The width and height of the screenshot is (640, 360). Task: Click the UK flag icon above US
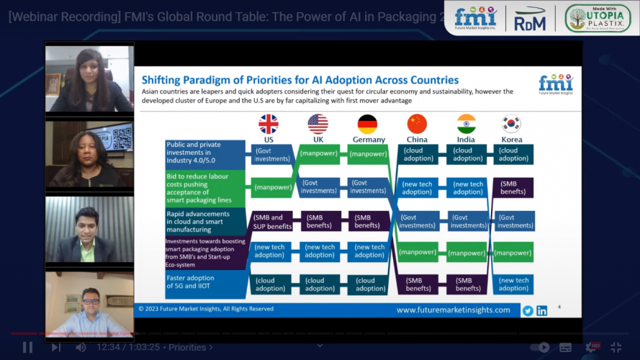pyautogui.click(x=269, y=124)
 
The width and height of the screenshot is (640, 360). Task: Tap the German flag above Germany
pyautogui.click(x=367, y=124)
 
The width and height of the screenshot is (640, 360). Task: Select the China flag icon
pyautogui.click(x=417, y=124)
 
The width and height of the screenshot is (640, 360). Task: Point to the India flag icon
pyautogui.click(x=466, y=124)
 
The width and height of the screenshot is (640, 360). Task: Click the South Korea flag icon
pyautogui.click(x=511, y=124)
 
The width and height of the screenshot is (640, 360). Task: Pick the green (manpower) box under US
pyautogui.click(x=271, y=188)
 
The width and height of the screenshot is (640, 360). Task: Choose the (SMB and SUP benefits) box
pyautogui.click(x=271, y=221)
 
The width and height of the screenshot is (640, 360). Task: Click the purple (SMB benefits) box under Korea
pyautogui.click(x=513, y=188)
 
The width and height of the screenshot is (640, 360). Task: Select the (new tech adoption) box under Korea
pyautogui.click(x=513, y=284)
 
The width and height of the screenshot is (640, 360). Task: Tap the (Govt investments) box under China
pyautogui.click(x=418, y=221)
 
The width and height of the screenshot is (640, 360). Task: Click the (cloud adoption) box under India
pyautogui.click(x=467, y=154)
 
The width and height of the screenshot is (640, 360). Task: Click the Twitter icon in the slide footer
pyautogui.click(x=528, y=310)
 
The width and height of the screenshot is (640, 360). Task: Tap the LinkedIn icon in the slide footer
pyautogui.click(x=541, y=310)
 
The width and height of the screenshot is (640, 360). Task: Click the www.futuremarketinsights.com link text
pyautogui.click(x=453, y=310)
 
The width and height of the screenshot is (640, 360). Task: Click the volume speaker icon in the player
pyautogui.click(x=81, y=347)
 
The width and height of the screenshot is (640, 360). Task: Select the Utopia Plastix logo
pyautogui.click(x=598, y=18)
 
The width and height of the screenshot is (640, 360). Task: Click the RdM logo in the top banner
pyautogui.click(x=530, y=19)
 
